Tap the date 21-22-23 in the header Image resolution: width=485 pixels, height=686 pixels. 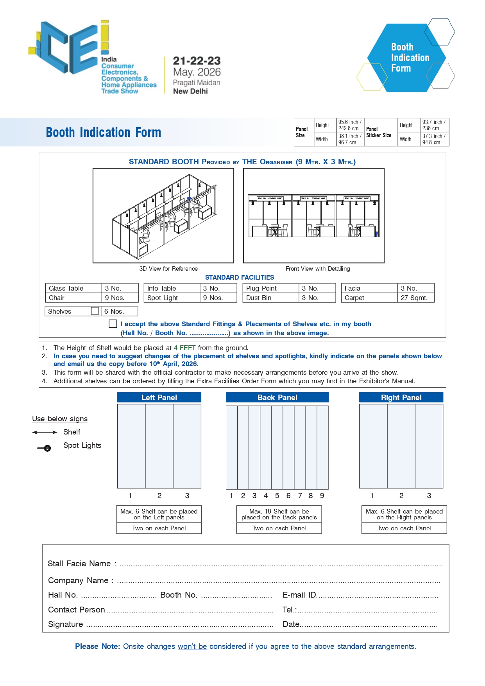(197, 61)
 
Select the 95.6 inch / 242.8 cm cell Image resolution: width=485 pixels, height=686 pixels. (350, 125)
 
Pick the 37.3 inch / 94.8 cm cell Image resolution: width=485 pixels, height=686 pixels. (434, 139)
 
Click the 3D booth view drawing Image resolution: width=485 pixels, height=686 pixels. (163, 215)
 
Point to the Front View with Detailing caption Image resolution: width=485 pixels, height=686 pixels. (318, 269)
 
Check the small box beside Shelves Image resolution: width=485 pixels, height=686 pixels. (95, 311)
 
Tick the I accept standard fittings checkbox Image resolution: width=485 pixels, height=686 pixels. (113, 324)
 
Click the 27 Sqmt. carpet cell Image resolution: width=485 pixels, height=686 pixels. (415, 298)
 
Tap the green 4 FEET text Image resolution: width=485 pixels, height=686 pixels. (184, 348)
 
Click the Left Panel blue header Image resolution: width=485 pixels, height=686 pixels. (159, 397)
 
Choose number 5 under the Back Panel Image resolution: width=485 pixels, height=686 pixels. (277, 496)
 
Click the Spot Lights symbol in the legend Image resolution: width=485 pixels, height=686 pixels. (45, 448)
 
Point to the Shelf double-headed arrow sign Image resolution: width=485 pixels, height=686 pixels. (45, 432)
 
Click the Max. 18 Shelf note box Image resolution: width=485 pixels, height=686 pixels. (279, 514)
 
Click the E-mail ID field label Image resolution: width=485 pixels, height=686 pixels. (299, 595)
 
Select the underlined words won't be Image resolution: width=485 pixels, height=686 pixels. (192, 646)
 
